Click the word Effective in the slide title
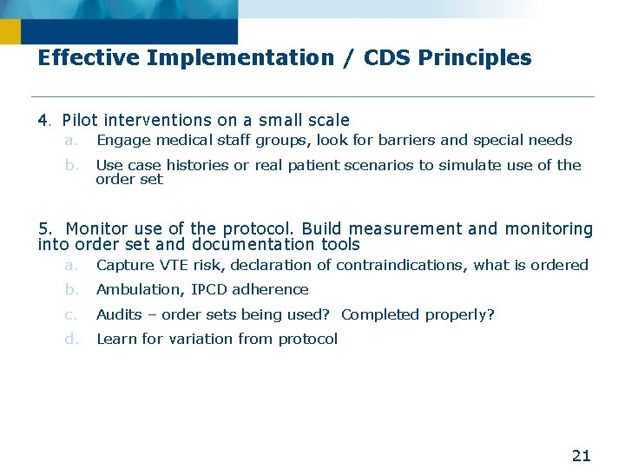coord(89,58)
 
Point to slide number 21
coord(581,455)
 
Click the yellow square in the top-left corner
coord(10,32)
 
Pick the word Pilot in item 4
coord(80,121)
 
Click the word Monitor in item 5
coord(96,229)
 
